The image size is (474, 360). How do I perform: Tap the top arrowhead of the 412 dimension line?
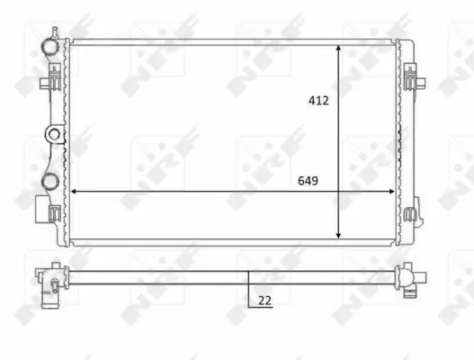[x=338, y=46]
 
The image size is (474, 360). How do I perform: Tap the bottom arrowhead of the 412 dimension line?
[x=338, y=236]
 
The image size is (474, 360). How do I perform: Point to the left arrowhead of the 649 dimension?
[x=74, y=192]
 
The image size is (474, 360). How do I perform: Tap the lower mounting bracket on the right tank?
[x=412, y=216]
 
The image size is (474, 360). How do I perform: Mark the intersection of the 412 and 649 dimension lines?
[x=338, y=192]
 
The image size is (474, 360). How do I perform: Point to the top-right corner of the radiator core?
[x=398, y=42]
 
